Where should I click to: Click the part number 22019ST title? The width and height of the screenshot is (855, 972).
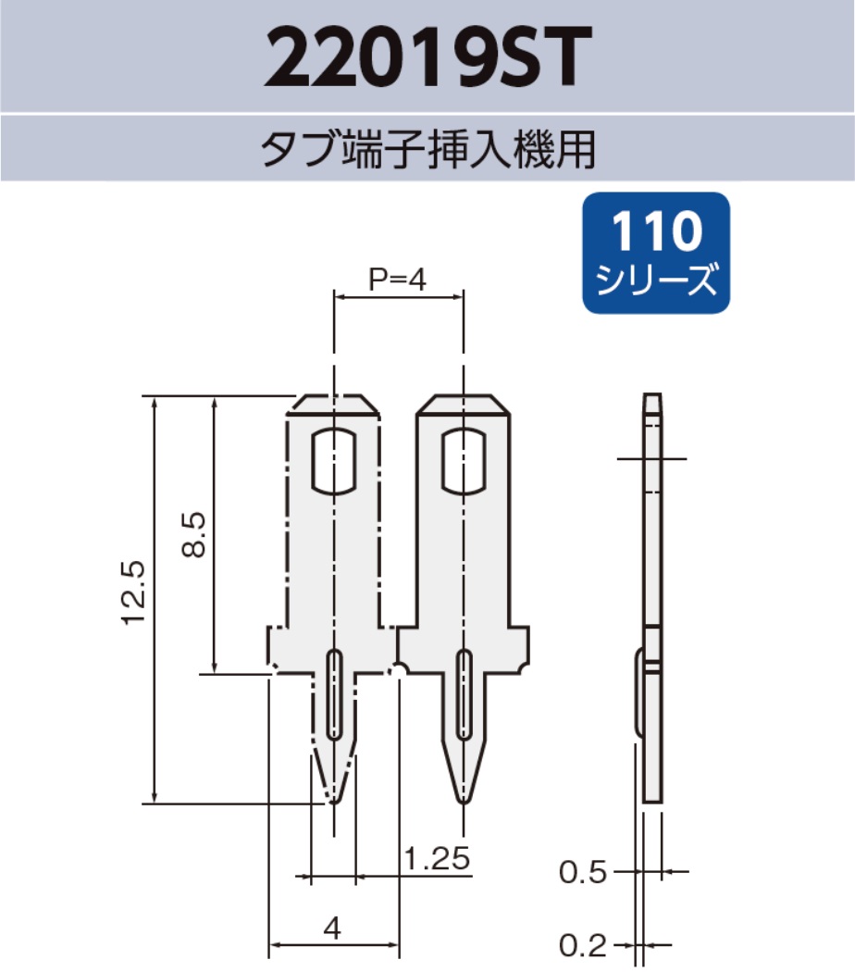(427, 56)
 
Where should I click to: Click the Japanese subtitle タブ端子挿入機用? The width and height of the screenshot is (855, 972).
(427, 148)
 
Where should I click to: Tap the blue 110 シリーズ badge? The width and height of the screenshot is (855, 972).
(656, 251)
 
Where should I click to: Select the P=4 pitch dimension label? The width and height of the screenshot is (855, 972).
(397, 280)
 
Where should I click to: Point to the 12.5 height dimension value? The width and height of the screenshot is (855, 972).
(134, 593)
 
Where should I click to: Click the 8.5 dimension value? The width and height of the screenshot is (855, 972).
(193, 536)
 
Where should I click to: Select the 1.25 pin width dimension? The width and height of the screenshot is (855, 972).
(438, 858)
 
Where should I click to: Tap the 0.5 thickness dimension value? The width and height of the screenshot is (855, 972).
(584, 872)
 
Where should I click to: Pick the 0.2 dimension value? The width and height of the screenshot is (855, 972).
(584, 945)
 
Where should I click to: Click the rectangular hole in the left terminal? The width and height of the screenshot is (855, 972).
(333, 460)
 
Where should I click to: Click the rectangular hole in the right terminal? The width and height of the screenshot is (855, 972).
(463, 460)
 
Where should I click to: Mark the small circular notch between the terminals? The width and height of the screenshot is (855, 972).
(399, 669)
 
